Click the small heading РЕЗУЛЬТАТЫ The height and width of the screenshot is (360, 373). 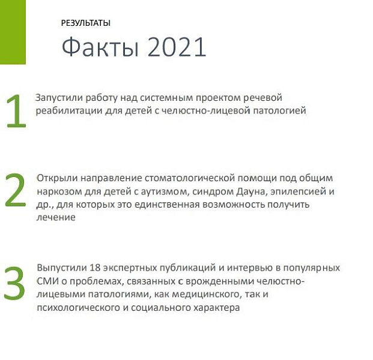coord(86,23)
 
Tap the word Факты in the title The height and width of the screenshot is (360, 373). coord(100,47)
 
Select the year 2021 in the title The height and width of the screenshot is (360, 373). coord(177,47)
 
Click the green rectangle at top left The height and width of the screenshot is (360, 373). coord(13,32)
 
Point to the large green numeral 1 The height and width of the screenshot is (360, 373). coord(16,111)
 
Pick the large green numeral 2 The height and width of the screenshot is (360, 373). coord(15,190)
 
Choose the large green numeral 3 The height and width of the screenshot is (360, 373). coord(14,283)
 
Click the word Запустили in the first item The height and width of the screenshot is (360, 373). coord(59,98)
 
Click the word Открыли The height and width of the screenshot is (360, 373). coord(57,178)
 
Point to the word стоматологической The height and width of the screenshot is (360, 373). coord(190,178)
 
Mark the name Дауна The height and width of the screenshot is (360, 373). coord(252,191)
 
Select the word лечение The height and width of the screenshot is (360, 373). coord(56,217)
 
